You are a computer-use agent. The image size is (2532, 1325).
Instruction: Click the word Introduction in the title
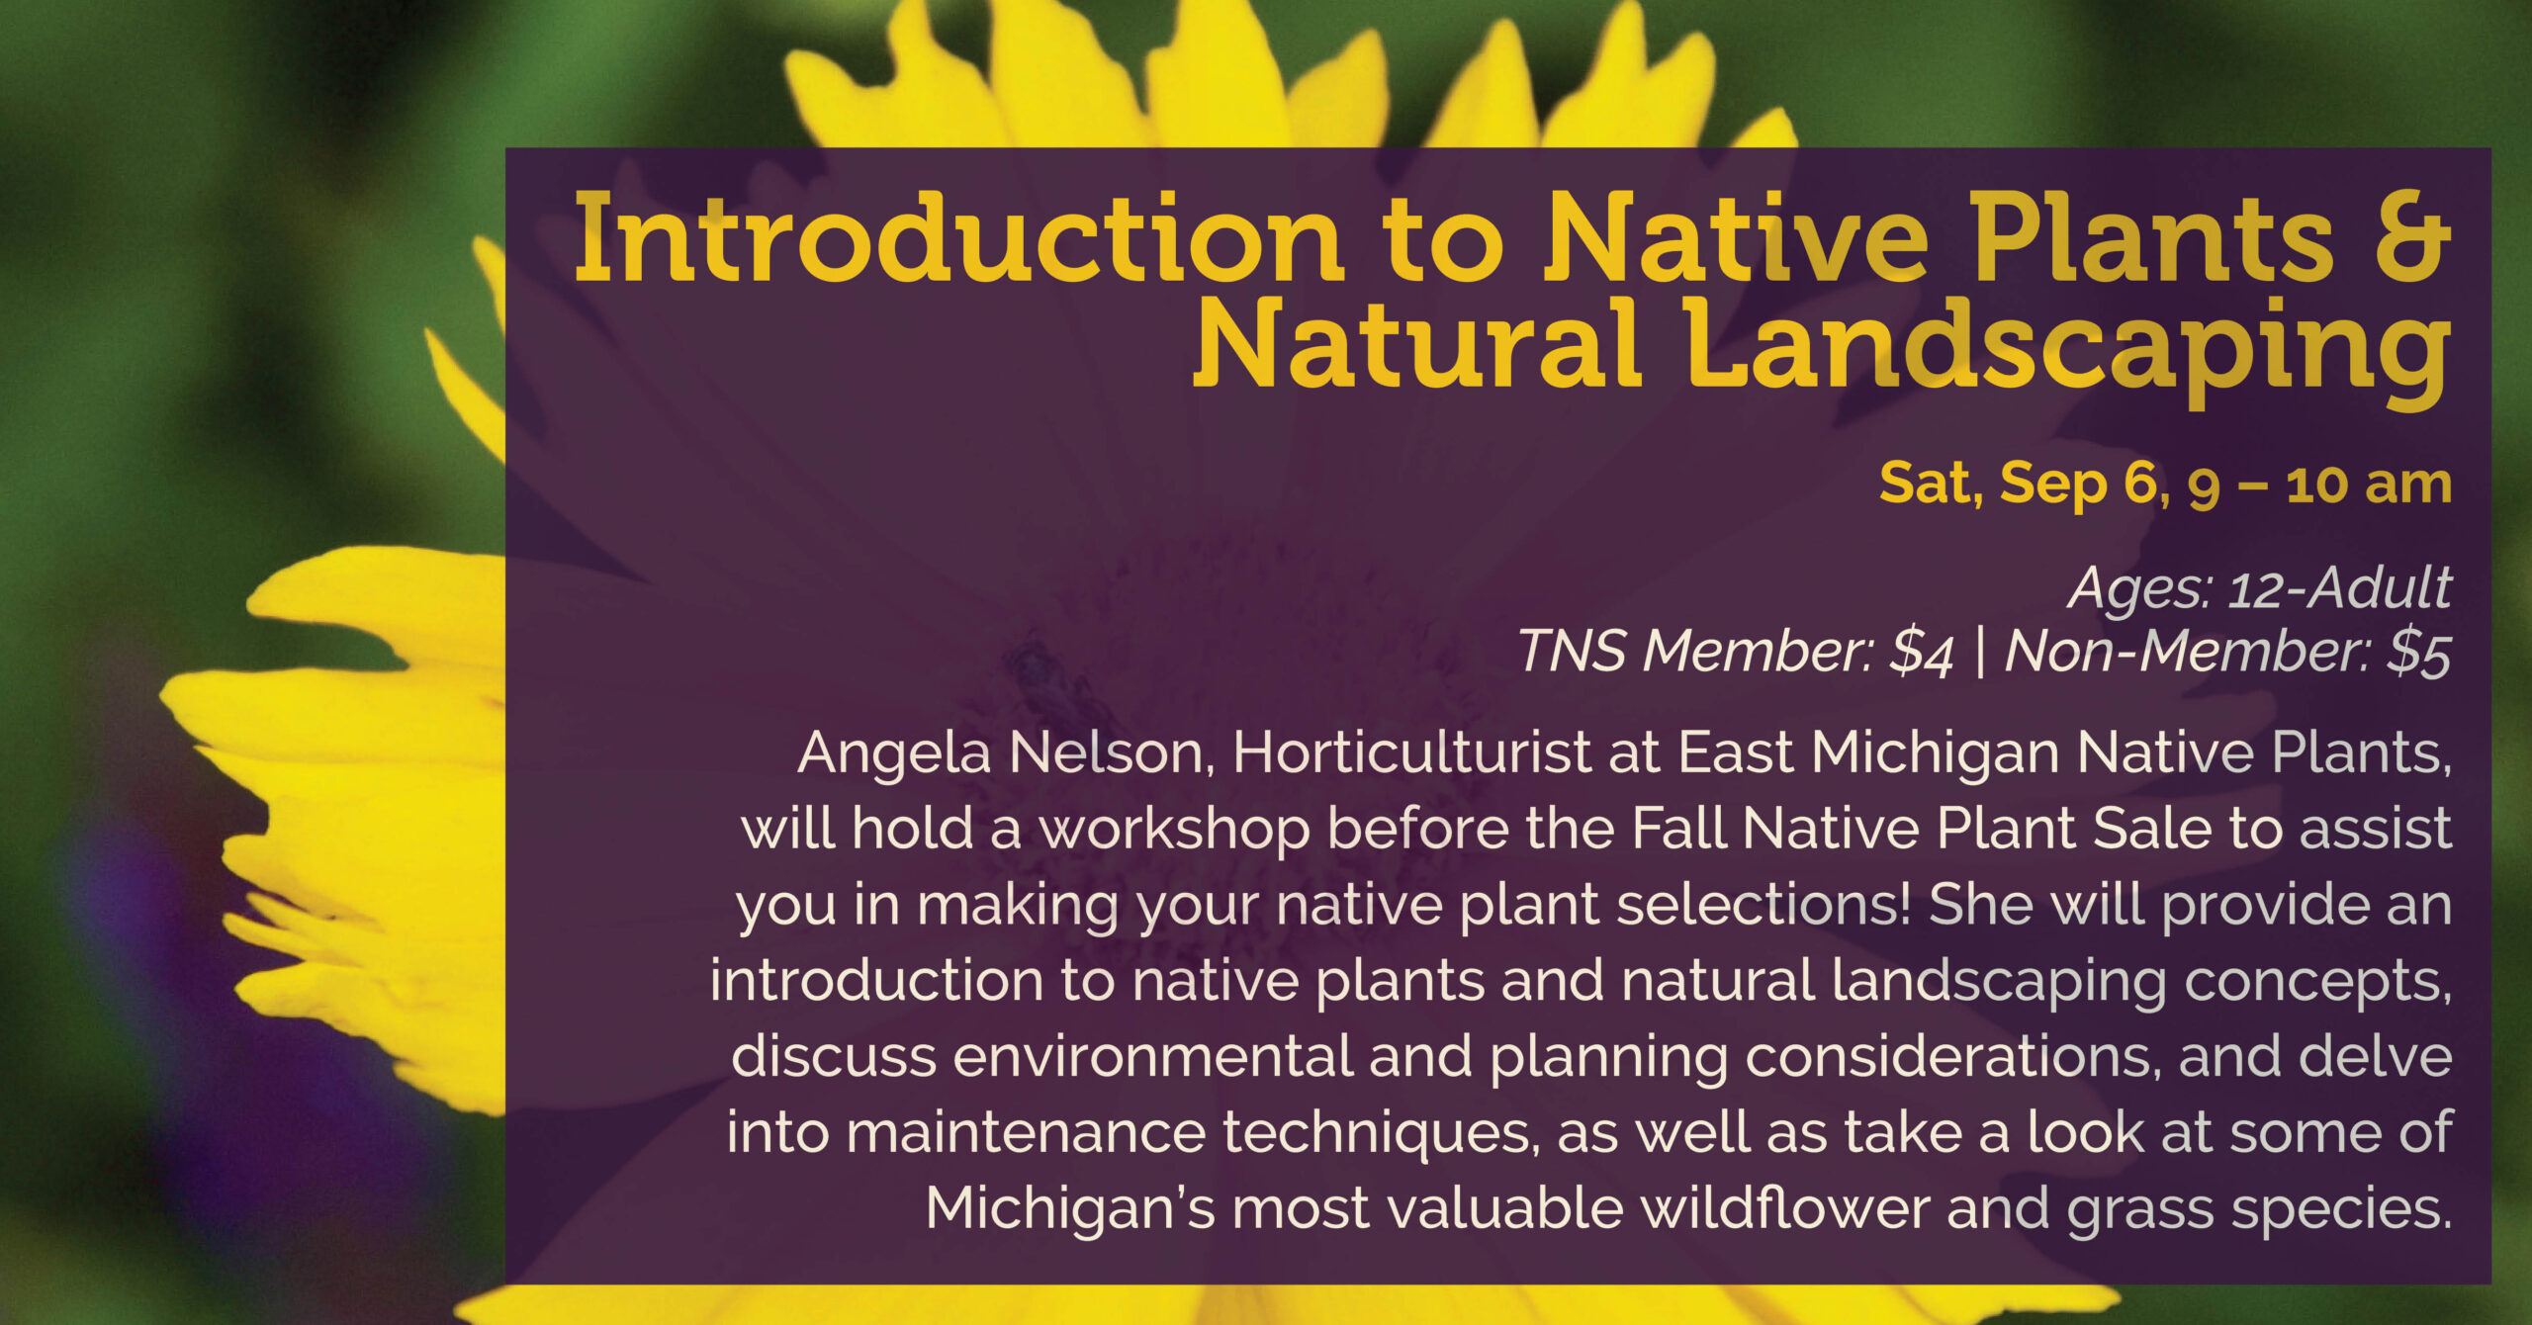click(x=957, y=237)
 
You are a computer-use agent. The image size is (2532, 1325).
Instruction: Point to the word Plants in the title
click(x=2152, y=237)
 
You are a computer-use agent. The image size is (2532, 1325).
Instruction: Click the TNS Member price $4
click(x=1921, y=653)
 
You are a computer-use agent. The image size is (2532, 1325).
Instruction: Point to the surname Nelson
click(x=1112, y=753)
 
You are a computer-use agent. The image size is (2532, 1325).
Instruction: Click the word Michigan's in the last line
click(x=1070, y=1208)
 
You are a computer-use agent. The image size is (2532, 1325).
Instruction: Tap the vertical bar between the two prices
click(x=1979, y=653)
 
